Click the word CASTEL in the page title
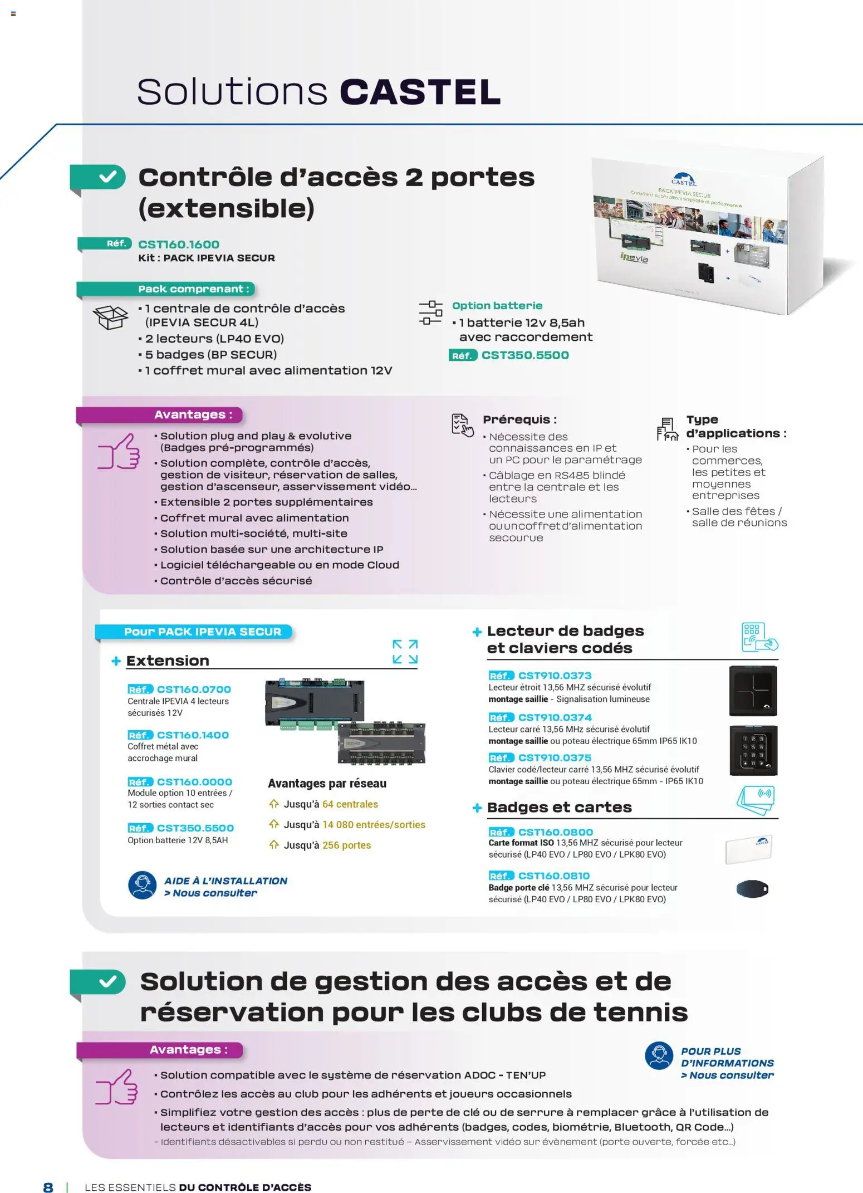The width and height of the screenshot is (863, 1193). click(x=420, y=92)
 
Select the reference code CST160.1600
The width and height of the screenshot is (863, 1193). click(x=179, y=245)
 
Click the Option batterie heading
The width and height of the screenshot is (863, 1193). click(x=497, y=306)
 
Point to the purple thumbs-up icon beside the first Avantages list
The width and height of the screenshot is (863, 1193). click(x=119, y=452)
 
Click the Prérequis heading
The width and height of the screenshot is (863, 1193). click(x=519, y=419)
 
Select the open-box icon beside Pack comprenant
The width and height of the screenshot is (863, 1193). click(x=110, y=317)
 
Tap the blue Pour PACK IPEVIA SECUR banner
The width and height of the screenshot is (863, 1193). click(x=202, y=632)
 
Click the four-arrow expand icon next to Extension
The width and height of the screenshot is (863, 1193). click(x=405, y=652)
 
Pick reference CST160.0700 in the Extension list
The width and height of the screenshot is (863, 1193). click(x=194, y=690)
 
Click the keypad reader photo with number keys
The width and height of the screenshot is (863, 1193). click(x=753, y=750)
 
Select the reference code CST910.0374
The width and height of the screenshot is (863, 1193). click(x=555, y=717)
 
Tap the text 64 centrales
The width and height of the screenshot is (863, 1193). click(x=350, y=804)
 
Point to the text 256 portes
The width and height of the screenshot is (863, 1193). click(x=346, y=845)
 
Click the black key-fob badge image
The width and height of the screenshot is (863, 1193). click(x=752, y=889)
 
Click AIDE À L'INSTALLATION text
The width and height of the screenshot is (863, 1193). click(x=225, y=881)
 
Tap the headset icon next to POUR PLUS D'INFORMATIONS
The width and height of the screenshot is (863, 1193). click(x=659, y=1055)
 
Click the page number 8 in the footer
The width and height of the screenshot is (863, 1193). click(x=48, y=1187)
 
